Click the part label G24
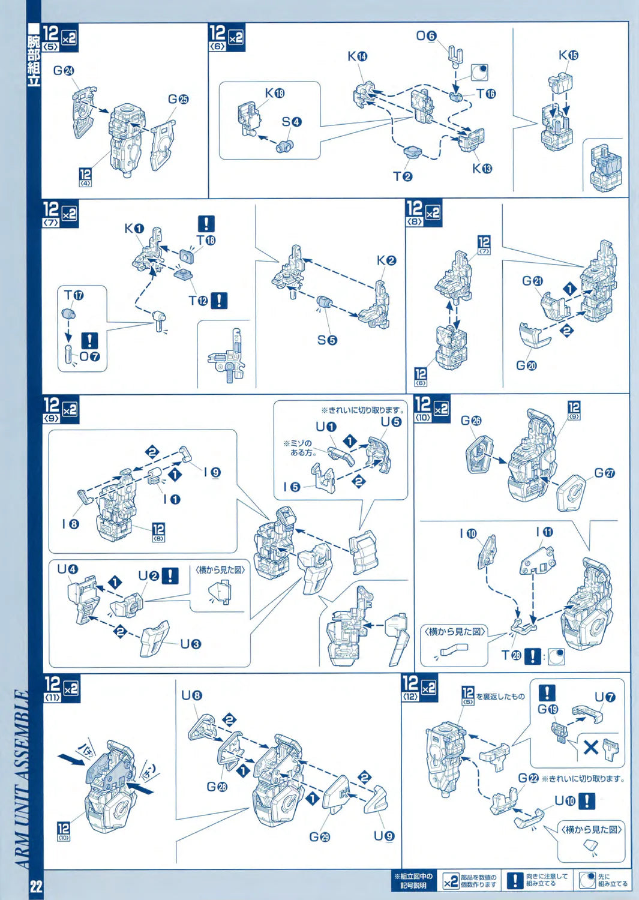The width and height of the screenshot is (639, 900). pyautogui.click(x=63, y=71)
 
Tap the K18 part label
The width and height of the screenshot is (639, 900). pyautogui.click(x=275, y=93)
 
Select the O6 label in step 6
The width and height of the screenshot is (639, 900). pyautogui.click(x=426, y=36)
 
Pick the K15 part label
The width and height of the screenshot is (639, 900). pyautogui.click(x=568, y=55)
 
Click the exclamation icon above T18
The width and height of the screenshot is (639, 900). pyautogui.click(x=206, y=224)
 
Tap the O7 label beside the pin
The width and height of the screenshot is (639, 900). pyautogui.click(x=89, y=356)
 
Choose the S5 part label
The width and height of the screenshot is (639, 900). pyautogui.click(x=327, y=340)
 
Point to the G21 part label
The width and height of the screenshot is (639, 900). pyautogui.click(x=532, y=281)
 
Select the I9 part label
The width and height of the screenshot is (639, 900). pyautogui.click(x=212, y=472)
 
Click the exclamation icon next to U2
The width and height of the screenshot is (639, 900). pyautogui.click(x=171, y=575)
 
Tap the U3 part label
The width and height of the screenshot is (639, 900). pyautogui.click(x=191, y=644)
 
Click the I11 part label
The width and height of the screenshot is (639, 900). pyautogui.click(x=544, y=532)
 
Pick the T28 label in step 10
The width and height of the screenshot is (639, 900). pyautogui.click(x=511, y=655)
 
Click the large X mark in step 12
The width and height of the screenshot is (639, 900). pyautogui.click(x=590, y=747)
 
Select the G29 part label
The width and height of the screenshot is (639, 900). pyautogui.click(x=319, y=836)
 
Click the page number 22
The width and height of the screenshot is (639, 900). pyautogui.click(x=36, y=886)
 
